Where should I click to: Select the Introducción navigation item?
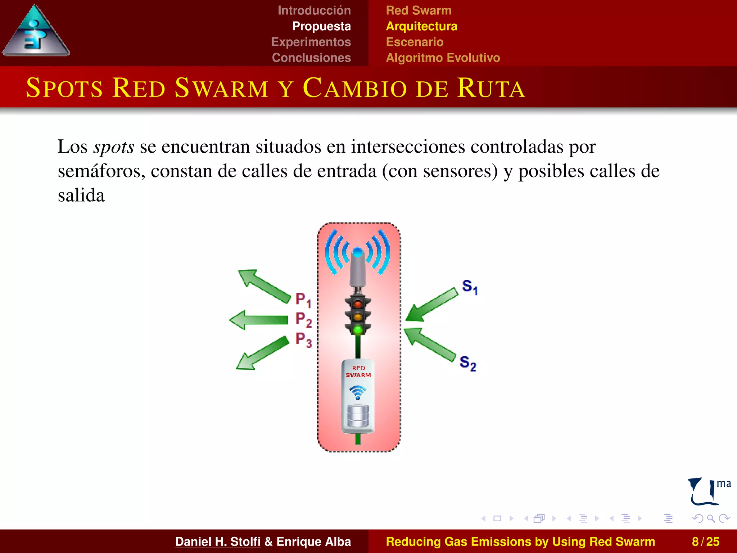pos(314,10)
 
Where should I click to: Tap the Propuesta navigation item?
pos(321,26)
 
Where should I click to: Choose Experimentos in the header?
pos(311,42)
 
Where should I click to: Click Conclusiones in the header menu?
pos(311,58)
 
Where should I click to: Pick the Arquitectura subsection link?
pos(421,26)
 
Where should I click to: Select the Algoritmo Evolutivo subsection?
pos(443,58)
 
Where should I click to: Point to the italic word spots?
pos(114,147)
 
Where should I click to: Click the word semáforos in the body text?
pos(101,171)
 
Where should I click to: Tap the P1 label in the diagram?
pos(303,300)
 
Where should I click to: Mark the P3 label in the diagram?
pos(303,340)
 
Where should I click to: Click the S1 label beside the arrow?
pos(470,287)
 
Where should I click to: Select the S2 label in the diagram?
pos(468,363)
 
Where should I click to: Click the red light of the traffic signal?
pos(358,304)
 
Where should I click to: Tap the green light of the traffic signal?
pos(358,329)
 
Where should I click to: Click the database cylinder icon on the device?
pos(358,416)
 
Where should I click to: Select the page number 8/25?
pos(705,541)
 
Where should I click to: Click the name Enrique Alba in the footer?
pos(313,541)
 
